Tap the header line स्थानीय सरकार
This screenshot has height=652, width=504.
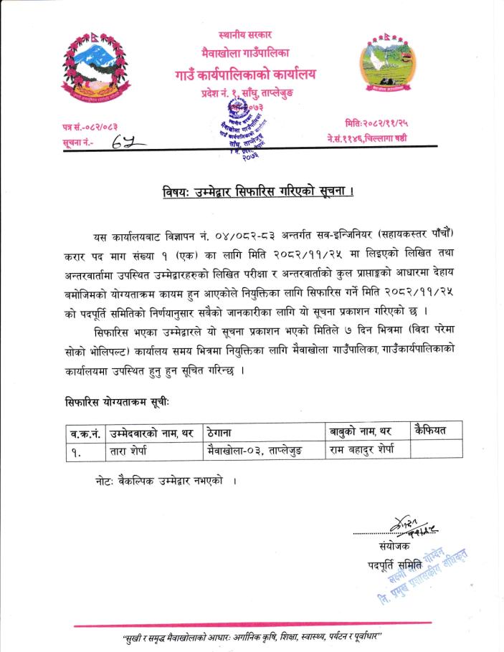point(245,34)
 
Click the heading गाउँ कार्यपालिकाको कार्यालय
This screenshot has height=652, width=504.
point(245,74)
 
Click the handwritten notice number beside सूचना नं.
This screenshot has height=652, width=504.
point(128,144)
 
